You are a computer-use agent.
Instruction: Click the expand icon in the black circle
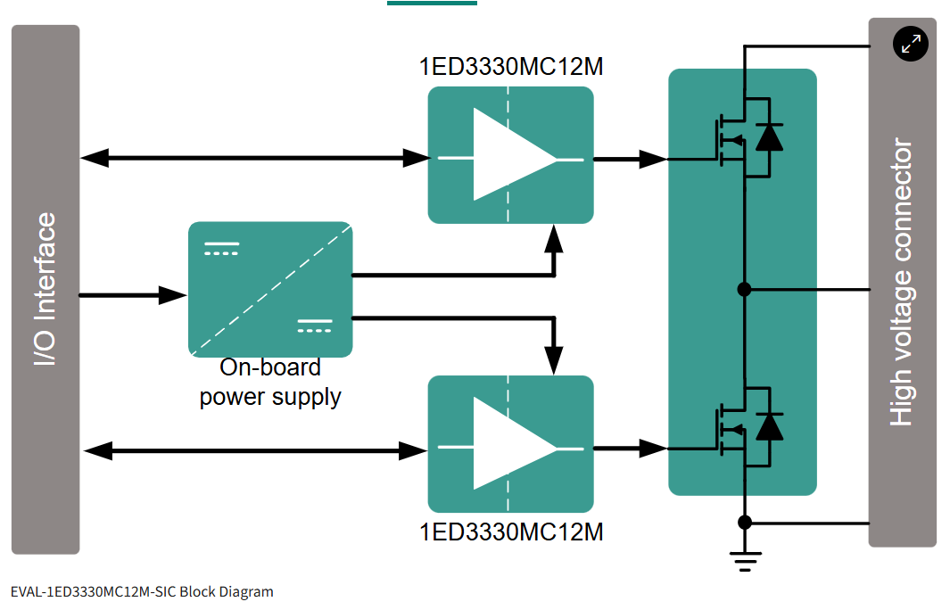click(911, 43)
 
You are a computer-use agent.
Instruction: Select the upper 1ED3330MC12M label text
click(511, 67)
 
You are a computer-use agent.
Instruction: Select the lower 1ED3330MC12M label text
click(511, 532)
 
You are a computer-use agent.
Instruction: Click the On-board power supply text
click(270, 382)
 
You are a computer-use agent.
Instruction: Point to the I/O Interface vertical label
click(45, 289)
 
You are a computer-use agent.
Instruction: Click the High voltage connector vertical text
click(902, 283)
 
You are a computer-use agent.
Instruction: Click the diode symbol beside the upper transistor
click(769, 136)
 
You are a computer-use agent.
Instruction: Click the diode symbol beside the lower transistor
click(769, 426)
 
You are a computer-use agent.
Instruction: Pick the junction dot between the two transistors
click(745, 289)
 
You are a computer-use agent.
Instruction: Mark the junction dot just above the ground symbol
click(745, 522)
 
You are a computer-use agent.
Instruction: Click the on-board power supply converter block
click(270, 289)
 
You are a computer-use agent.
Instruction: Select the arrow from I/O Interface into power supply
click(133, 294)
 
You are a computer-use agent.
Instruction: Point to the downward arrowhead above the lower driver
click(554, 359)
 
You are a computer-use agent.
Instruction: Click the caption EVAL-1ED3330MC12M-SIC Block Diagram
click(142, 591)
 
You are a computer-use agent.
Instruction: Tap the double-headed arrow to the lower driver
click(254, 450)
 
